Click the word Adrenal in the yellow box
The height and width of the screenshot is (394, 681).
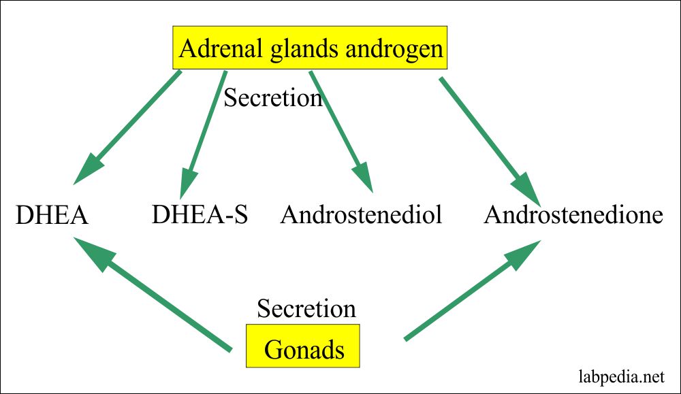coord(220,48)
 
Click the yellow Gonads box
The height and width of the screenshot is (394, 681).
coord(303,346)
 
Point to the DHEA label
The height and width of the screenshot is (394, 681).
coord(52,215)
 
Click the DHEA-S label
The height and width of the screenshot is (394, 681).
coord(200,214)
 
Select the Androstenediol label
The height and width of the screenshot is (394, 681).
coord(362,214)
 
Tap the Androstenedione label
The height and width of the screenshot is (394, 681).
coord(573,214)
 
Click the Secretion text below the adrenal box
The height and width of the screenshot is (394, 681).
coord(273,97)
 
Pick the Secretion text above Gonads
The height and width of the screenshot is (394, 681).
coord(306,308)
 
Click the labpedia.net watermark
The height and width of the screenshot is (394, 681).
coord(622,376)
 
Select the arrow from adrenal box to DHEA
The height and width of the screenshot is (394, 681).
coord(127,127)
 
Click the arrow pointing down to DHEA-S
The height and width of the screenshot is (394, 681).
coord(203,135)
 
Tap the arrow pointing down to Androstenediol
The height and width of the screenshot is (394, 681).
coord(341,131)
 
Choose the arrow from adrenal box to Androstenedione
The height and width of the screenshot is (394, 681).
coord(490,142)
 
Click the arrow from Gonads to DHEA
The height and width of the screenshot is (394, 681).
coord(153,294)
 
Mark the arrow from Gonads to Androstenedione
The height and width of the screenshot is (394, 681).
coord(473,291)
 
